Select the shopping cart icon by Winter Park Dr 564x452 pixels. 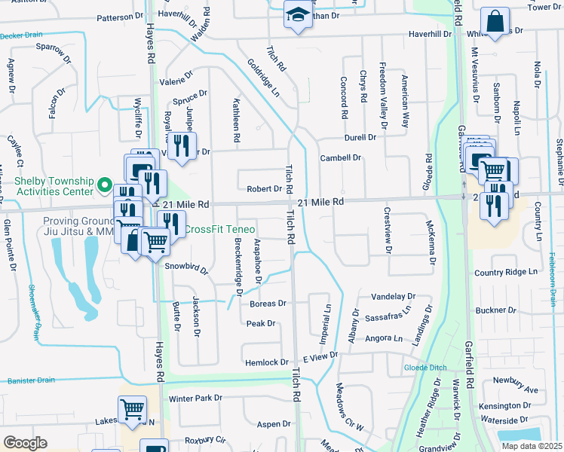pos(133,410)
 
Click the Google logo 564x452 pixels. pos(25,443)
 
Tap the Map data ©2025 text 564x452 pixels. pos(532,446)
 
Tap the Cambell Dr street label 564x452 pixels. pos(341,158)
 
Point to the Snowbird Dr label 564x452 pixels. pos(186,267)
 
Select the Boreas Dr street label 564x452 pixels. pos(268,304)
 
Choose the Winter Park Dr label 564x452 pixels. pos(196,398)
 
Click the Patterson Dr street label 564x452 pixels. pos(119,16)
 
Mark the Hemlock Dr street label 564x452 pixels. pos(267,362)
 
